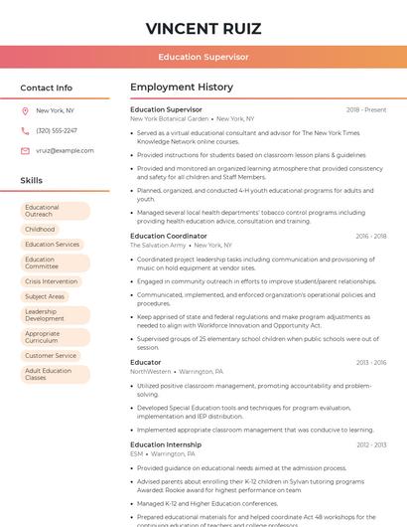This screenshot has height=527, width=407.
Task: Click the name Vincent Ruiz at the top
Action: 203,27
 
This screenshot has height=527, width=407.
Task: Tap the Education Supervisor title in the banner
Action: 203,57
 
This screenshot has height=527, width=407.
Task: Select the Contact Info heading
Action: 46,88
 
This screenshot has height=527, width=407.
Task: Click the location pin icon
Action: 25,110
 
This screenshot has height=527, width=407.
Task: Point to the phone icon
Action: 25,130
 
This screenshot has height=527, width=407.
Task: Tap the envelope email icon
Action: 25,150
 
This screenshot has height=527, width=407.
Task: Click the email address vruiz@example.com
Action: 65,150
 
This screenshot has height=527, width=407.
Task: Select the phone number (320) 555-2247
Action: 57,130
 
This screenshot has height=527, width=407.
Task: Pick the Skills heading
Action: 32,181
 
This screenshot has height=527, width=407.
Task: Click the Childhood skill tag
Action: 41,229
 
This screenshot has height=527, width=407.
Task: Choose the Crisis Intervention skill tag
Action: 52,281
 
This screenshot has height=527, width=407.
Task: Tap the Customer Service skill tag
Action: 52,355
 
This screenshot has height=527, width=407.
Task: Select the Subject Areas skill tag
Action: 45,296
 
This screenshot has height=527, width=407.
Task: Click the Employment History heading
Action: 182,88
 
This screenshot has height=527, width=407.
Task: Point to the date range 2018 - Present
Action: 366,109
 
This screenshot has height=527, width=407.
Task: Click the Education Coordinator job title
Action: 169,236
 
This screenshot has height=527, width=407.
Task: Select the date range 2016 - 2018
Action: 370,236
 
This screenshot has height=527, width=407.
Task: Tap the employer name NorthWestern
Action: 151,371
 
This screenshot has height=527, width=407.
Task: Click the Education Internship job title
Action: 166,444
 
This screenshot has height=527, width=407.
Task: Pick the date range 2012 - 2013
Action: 371,444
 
